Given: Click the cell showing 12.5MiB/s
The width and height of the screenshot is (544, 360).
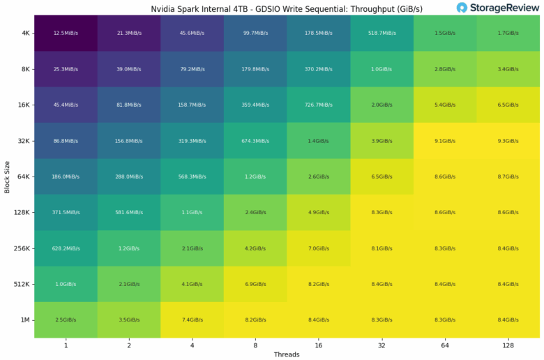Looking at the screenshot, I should (x=66, y=33).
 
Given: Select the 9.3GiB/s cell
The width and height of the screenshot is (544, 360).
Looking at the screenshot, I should (x=508, y=141).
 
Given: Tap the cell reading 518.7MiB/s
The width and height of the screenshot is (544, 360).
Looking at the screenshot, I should (x=381, y=33).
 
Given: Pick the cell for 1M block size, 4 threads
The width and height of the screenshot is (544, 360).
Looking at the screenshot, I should (x=192, y=320).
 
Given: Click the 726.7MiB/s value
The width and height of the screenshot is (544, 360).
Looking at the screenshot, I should (x=318, y=105).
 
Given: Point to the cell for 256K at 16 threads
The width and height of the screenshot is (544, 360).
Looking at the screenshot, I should (x=318, y=248).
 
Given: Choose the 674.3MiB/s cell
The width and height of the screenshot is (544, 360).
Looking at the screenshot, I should (x=255, y=141).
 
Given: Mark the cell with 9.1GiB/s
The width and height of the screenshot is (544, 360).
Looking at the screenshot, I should (x=445, y=141).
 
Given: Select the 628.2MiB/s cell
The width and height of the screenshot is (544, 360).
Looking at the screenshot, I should (x=66, y=248).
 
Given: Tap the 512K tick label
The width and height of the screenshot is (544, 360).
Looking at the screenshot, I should (x=21, y=284).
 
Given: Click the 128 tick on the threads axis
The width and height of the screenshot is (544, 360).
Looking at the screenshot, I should (x=508, y=345).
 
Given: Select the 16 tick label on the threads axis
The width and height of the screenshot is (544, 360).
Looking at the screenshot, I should (x=318, y=345).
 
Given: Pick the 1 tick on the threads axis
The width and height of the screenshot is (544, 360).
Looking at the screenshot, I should (x=66, y=345).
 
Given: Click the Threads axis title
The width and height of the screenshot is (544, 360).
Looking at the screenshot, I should (x=287, y=354).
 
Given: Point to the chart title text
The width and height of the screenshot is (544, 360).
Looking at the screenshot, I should (x=287, y=9).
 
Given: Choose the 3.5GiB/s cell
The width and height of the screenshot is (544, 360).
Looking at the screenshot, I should (x=129, y=320).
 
